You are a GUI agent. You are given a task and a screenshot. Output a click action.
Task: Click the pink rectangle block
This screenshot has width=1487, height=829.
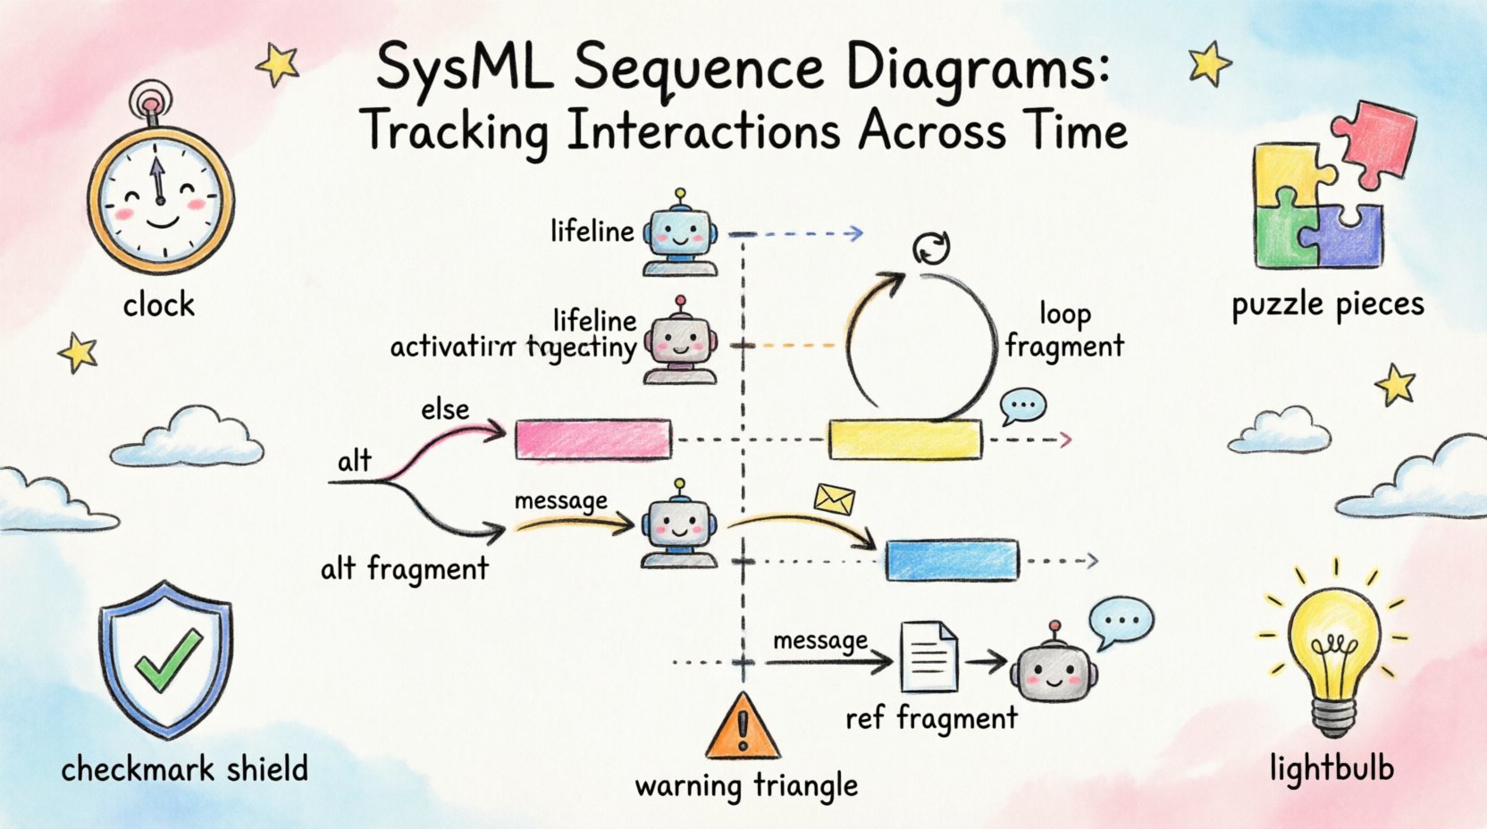click(592, 440)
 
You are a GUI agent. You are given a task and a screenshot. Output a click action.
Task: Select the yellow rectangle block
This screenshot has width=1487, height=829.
click(904, 440)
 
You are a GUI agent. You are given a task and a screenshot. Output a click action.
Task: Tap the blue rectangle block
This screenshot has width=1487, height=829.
click(952, 560)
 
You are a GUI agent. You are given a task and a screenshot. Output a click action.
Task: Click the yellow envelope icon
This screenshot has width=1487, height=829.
click(835, 499)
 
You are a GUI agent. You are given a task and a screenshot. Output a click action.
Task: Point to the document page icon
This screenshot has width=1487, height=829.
click(928, 657)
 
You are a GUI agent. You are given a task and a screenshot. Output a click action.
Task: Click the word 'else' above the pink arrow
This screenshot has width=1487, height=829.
click(445, 409)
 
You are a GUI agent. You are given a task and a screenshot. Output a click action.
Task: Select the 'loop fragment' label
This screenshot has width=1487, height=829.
click(1064, 330)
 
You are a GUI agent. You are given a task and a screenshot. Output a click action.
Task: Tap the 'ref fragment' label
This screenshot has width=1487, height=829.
click(931, 717)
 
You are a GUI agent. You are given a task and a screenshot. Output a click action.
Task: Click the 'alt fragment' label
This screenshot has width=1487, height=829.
click(405, 568)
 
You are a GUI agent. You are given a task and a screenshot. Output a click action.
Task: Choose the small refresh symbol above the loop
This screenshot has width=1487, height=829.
click(931, 247)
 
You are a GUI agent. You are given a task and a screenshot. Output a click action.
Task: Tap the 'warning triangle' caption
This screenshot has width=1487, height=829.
click(746, 786)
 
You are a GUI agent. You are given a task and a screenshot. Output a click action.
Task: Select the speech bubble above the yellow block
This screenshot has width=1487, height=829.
click(1022, 406)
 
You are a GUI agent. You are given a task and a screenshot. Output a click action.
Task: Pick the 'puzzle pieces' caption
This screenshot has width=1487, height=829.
click(1327, 306)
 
